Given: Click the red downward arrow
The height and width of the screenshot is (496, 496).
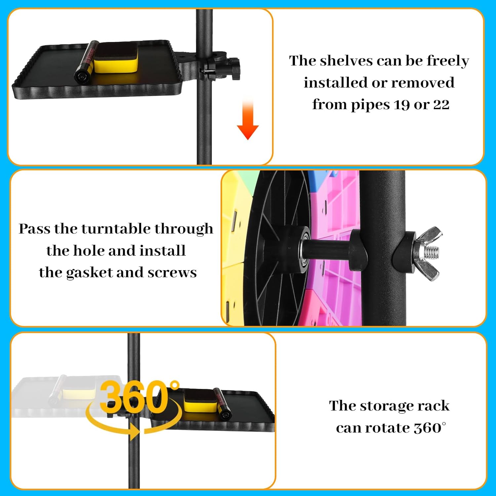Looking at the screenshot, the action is (248, 119).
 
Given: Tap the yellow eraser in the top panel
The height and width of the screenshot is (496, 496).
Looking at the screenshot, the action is (115, 57).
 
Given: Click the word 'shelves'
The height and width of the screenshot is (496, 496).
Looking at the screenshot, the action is (347, 61).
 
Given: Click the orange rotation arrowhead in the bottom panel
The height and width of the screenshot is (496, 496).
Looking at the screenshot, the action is (133, 432).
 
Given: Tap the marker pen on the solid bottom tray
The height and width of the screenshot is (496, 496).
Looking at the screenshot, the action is (222, 403).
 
